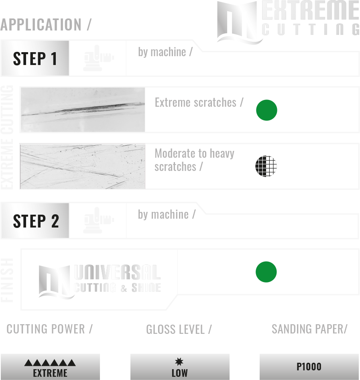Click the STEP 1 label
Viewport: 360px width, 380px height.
[35, 59]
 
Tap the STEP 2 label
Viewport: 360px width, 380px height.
[36, 221]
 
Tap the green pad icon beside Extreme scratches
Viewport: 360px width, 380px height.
[267, 110]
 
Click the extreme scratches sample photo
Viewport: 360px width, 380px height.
[82, 109]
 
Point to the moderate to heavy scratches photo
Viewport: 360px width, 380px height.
[82, 166]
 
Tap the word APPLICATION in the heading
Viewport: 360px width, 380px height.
[41, 25]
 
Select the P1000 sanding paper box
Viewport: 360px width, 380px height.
[309, 367]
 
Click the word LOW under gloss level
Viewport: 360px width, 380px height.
[179, 373]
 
